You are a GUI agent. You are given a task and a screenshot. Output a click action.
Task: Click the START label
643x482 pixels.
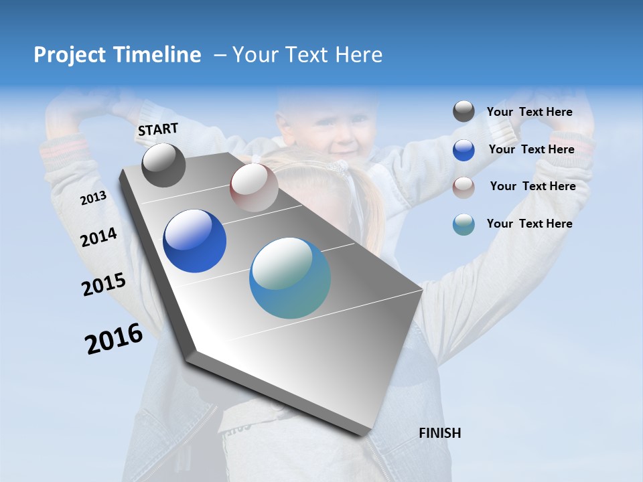158,129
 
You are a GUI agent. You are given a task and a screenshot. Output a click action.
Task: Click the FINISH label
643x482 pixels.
439,433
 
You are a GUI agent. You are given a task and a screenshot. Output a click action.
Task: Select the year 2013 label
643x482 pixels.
93,198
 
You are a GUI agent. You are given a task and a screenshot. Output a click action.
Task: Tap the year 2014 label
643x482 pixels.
98,237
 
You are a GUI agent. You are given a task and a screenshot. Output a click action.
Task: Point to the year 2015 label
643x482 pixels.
103,285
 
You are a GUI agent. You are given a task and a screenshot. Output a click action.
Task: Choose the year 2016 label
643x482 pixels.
114,339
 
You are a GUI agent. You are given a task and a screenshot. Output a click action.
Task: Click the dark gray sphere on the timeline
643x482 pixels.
163,165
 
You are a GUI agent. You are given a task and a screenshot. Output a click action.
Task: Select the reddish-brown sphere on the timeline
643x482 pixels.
254,187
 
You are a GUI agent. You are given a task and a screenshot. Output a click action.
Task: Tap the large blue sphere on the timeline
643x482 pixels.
195,241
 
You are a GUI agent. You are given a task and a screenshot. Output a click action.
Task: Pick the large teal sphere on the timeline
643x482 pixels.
290,278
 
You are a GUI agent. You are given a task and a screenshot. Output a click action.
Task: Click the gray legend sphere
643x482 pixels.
463,112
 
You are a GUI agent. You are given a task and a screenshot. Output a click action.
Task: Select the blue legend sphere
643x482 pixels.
463,150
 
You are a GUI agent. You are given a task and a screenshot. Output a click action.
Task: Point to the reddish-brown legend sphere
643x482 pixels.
463,187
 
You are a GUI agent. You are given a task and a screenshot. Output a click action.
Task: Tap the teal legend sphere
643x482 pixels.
463,224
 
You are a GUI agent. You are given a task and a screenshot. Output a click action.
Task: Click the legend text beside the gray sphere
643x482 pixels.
529,112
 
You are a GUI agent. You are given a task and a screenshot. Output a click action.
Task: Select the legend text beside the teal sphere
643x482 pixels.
529,224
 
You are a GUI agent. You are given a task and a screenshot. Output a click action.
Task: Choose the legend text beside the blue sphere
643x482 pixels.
531,149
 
